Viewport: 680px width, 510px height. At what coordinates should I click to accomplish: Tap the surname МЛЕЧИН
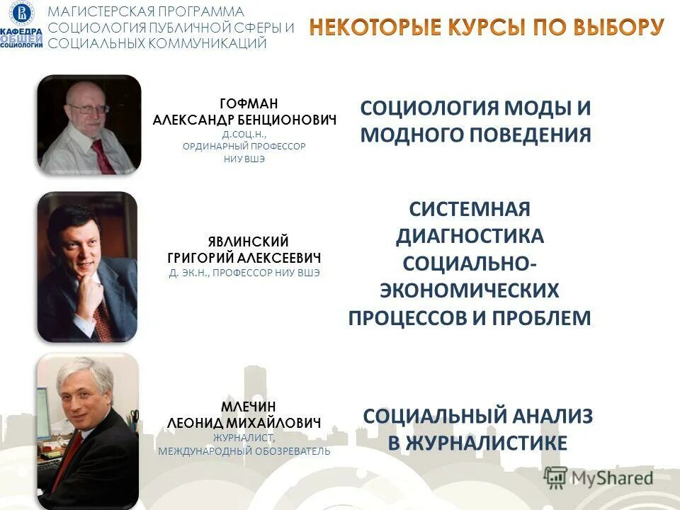pyautogui.click(x=244, y=407)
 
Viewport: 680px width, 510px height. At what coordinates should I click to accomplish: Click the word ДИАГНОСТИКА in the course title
pyautogui.click(x=469, y=236)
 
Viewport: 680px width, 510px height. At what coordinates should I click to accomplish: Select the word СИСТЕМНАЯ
pyautogui.click(x=469, y=210)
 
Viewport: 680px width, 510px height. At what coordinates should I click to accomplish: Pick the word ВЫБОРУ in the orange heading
pyautogui.click(x=611, y=27)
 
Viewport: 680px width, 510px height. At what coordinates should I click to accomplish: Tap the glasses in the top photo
pyautogui.click(x=89, y=110)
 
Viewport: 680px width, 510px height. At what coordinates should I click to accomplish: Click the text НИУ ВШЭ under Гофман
pyautogui.click(x=244, y=159)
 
